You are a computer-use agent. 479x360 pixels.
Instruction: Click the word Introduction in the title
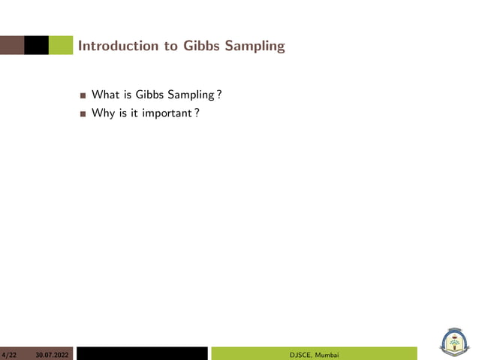tap(118, 46)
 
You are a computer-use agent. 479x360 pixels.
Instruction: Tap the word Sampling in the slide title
tap(255, 46)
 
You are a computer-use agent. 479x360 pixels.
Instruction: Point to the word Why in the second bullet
tap(103, 113)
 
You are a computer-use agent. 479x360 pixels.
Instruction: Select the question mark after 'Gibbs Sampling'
tap(218, 95)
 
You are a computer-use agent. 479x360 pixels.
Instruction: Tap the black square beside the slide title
tap(35, 45)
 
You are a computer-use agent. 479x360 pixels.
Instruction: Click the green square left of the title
tap(60, 45)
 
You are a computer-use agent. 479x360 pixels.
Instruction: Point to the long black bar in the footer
tap(141, 353)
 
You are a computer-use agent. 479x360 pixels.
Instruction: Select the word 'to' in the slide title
tap(170, 46)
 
